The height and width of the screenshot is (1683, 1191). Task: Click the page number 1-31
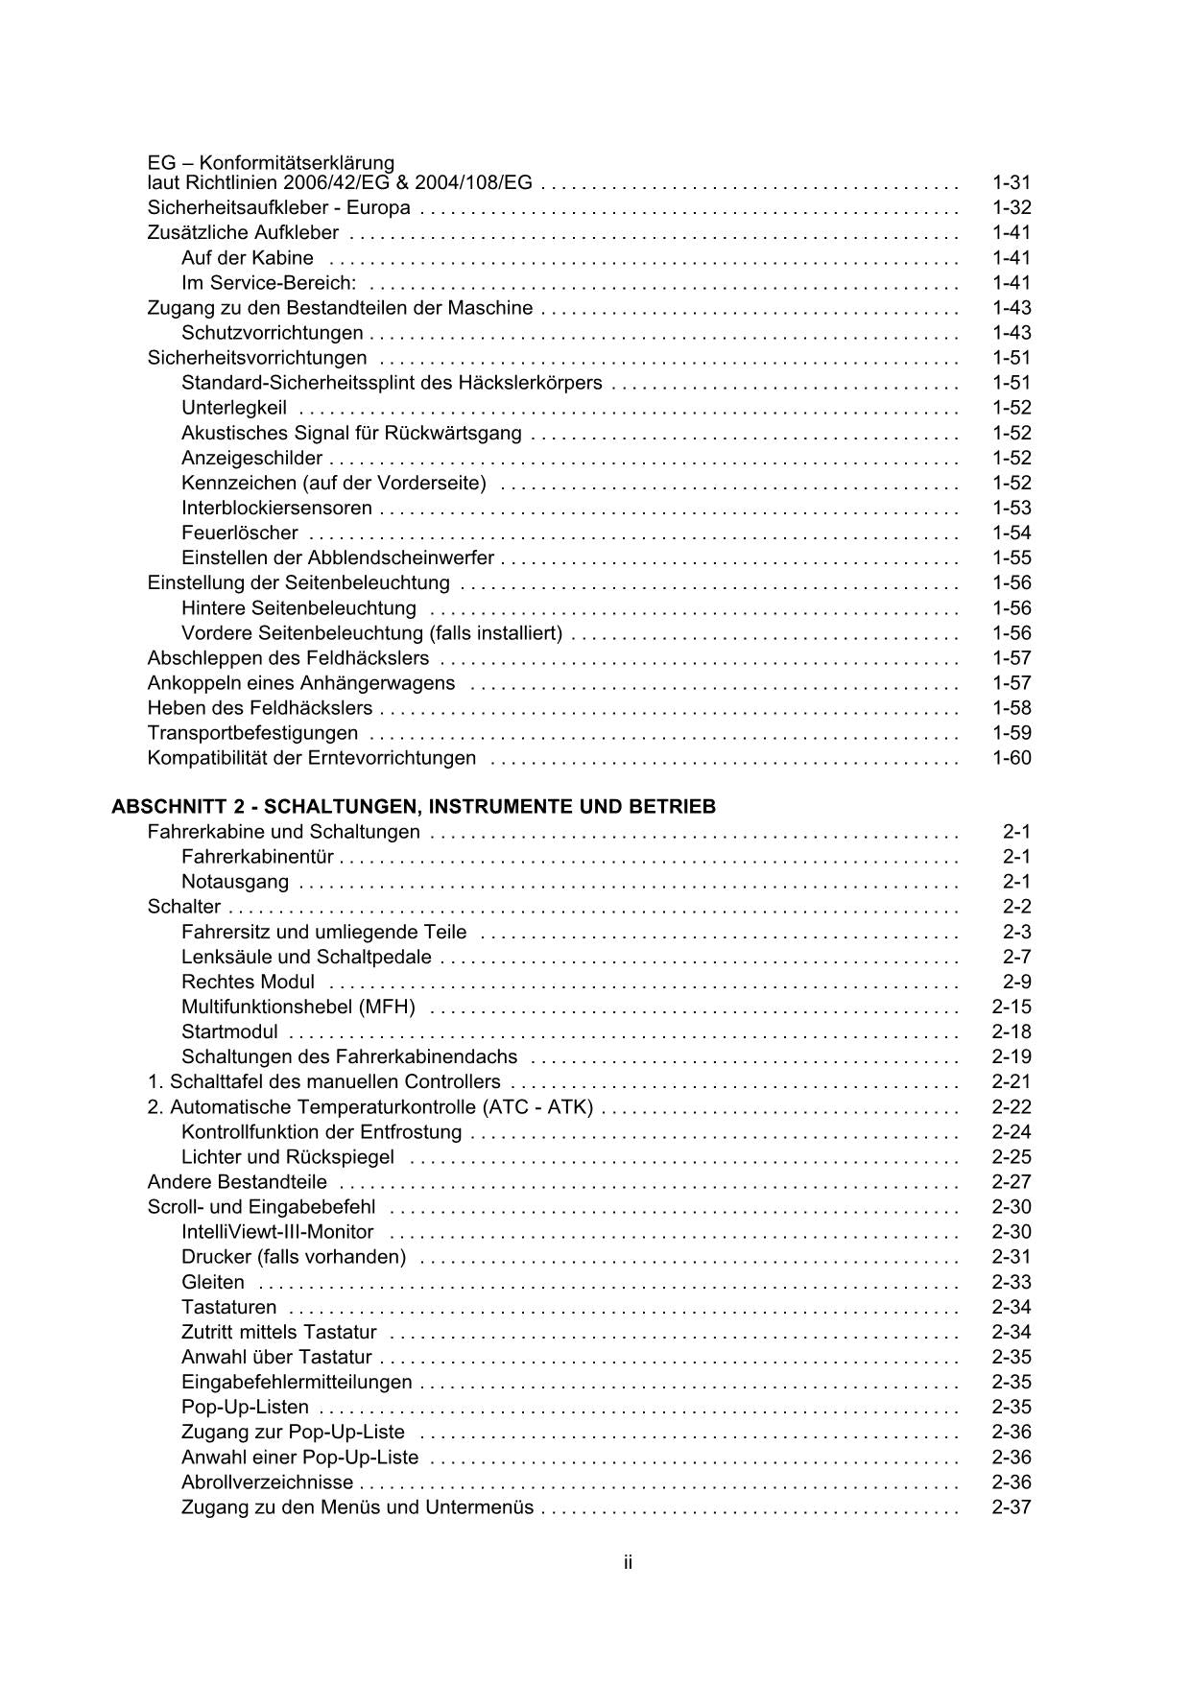tap(1011, 182)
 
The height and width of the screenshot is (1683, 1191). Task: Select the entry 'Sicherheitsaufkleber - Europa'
tap(278, 207)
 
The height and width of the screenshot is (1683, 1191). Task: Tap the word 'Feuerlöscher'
tap(239, 533)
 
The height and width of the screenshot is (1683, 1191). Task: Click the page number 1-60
tap(1011, 758)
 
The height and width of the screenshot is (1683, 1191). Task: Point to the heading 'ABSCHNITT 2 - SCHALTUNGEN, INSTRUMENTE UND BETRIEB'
tap(414, 807)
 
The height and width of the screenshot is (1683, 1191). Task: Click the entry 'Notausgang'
tap(234, 882)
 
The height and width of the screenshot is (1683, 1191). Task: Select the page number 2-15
tap(1011, 1007)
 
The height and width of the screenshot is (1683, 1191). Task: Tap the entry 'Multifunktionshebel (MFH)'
tap(298, 1007)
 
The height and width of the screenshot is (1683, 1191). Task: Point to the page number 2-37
tap(1011, 1507)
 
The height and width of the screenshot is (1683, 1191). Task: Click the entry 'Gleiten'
tap(212, 1282)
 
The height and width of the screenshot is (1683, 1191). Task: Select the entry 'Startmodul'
tap(229, 1031)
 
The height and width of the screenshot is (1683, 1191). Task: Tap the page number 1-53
tap(1011, 508)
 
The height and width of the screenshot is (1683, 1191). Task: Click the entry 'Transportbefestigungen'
tap(252, 733)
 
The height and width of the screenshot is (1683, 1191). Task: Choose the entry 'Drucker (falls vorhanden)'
tap(294, 1257)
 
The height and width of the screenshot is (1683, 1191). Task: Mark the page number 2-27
tap(1011, 1182)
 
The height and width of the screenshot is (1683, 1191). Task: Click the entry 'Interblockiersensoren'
tap(276, 508)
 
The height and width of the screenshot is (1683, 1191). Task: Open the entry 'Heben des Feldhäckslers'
tap(259, 708)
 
